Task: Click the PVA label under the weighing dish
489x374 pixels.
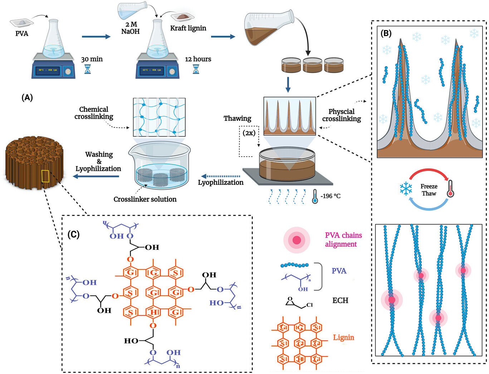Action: (x=22, y=34)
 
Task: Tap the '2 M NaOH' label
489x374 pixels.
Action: (x=130, y=28)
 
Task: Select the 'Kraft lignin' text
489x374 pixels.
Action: (x=188, y=28)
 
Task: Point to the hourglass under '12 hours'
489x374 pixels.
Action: (x=196, y=69)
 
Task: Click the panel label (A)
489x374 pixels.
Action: (x=27, y=97)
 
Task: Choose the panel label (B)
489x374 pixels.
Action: (x=386, y=34)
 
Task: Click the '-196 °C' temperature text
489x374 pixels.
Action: (x=331, y=196)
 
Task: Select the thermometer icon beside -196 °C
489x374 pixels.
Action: (x=315, y=196)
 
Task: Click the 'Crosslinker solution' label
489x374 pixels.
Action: (x=145, y=199)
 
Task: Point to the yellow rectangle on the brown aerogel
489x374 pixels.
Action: (x=45, y=176)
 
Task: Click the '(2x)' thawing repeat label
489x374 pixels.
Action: (x=249, y=133)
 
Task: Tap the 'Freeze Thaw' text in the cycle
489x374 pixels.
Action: (x=429, y=190)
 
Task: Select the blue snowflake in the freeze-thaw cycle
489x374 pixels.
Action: (x=406, y=189)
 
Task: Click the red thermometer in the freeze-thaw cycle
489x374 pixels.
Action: (x=451, y=189)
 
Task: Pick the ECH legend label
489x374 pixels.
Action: (x=340, y=300)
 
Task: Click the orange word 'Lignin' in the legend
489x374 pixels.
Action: (x=343, y=337)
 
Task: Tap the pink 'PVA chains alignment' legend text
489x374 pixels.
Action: (x=343, y=240)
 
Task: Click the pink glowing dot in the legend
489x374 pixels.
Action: (x=297, y=240)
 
